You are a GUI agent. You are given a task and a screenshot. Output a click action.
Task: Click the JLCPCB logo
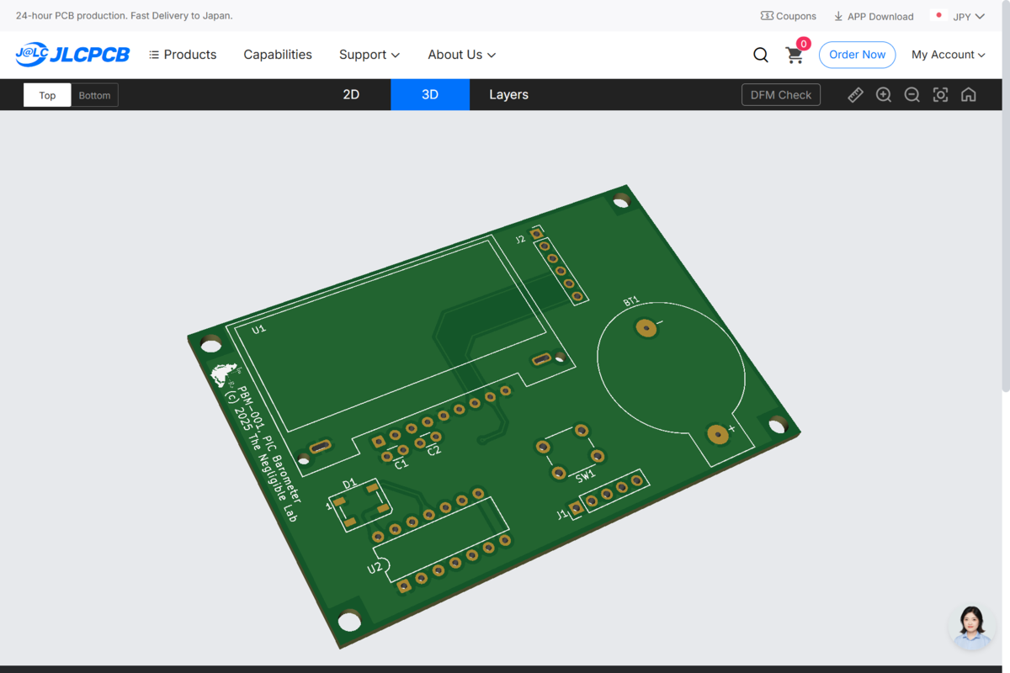pyautogui.click(x=72, y=55)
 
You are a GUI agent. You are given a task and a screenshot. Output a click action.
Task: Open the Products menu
pyautogui.click(x=183, y=55)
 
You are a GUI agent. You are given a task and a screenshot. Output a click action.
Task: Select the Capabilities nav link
pyautogui.click(x=278, y=55)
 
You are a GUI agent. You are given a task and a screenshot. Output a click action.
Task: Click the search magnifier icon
pyautogui.click(x=761, y=55)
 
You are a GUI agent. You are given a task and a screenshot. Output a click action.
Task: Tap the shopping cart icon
pyautogui.click(x=795, y=56)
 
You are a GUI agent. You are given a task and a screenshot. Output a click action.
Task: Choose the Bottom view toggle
pyautogui.click(x=94, y=95)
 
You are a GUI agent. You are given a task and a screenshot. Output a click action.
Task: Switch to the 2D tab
pyautogui.click(x=351, y=95)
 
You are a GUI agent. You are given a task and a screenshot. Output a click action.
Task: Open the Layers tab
pyautogui.click(x=508, y=95)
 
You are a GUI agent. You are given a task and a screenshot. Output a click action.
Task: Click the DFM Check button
pyautogui.click(x=780, y=95)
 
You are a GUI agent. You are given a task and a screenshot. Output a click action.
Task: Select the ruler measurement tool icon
pyautogui.click(x=855, y=95)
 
